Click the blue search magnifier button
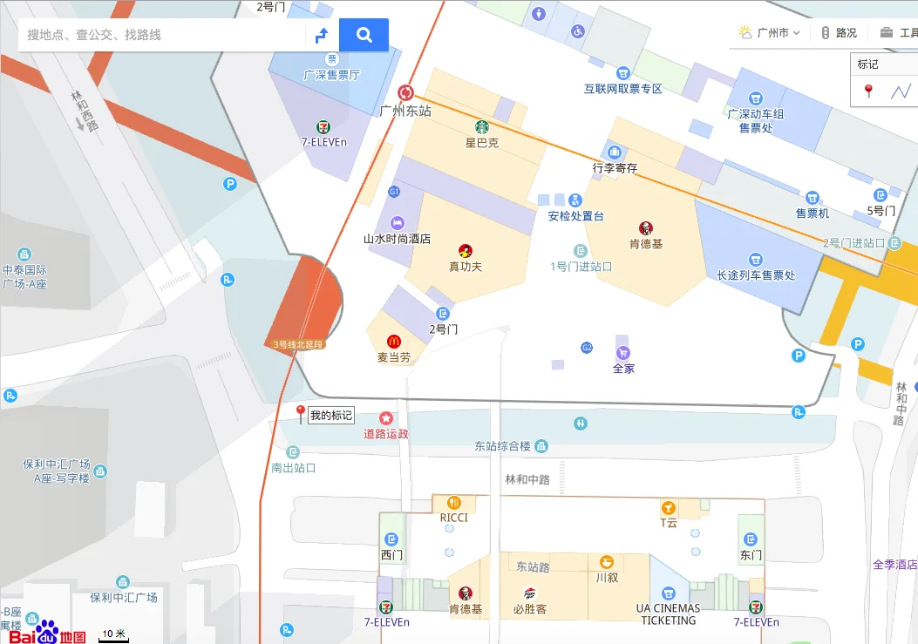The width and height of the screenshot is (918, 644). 364,35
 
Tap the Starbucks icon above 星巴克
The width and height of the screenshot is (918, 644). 481,127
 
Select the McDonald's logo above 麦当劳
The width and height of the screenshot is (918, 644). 393,342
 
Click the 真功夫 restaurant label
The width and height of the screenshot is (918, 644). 466,266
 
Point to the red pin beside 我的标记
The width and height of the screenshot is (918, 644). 301,413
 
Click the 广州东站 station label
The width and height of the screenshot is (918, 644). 405,111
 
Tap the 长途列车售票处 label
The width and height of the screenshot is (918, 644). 756,275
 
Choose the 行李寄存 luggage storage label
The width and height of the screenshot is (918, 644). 615,167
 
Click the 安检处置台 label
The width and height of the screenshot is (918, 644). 575,216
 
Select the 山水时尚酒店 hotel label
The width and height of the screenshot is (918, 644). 397,238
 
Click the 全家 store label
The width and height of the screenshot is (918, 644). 623,368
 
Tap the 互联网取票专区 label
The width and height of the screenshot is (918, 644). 623,89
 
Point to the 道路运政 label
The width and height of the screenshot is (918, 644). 386,433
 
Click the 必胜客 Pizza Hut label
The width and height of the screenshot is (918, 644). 529,609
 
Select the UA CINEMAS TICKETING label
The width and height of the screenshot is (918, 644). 669,614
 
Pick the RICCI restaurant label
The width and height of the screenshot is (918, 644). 453,518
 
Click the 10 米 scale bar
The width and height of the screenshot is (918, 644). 113,636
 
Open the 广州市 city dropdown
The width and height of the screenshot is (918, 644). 771,33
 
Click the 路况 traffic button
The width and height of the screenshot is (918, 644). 840,33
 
